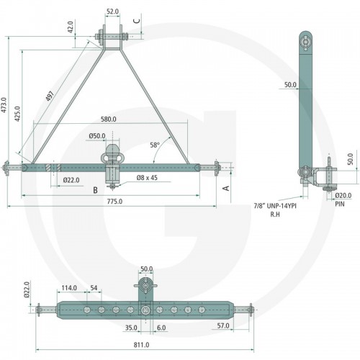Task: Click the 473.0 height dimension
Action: pyautogui.click(x=4, y=105)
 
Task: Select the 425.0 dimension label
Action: pyautogui.click(x=17, y=114)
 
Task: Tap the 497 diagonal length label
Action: pyautogui.click(x=50, y=96)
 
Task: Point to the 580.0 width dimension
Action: pyautogui.click(x=109, y=119)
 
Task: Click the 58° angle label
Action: pyautogui.click(x=155, y=145)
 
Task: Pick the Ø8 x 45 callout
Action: pyautogui.click(x=147, y=178)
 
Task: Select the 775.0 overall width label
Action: pyautogui.click(x=114, y=202)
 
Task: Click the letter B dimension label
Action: pyautogui.click(x=95, y=190)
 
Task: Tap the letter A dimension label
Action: pyautogui.click(x=226, y=188)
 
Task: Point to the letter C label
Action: pyautogui.click(x=137, y=21)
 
